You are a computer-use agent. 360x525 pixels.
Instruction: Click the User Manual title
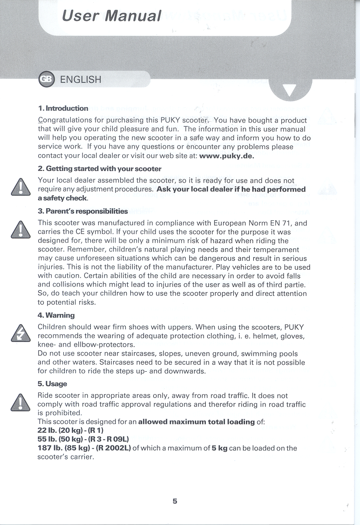tap(112, 16)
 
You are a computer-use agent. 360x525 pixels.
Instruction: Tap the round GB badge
tap(47, 79)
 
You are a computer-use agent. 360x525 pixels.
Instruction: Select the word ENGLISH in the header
tap(81, 79)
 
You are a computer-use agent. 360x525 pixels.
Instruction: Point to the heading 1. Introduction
tap(63, 109)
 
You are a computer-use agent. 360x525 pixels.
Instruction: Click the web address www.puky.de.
tap(226, 156)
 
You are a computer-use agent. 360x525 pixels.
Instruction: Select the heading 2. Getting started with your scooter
tap(100, 168)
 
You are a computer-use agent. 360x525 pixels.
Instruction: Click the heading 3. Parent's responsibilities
tap(82, 211)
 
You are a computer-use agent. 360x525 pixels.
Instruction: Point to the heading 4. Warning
tap(56, 315)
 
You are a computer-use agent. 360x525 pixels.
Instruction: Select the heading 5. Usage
tap(52, 384)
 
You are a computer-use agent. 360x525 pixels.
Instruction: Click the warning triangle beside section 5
tap(21, 402)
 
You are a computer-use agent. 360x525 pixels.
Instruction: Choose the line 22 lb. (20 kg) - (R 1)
tap(70, 430)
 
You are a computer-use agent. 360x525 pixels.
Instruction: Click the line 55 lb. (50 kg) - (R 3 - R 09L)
tap(83, 439)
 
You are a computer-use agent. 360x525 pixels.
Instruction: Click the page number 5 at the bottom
tap(175, 501)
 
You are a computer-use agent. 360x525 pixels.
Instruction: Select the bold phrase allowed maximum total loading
tap(197, 422)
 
